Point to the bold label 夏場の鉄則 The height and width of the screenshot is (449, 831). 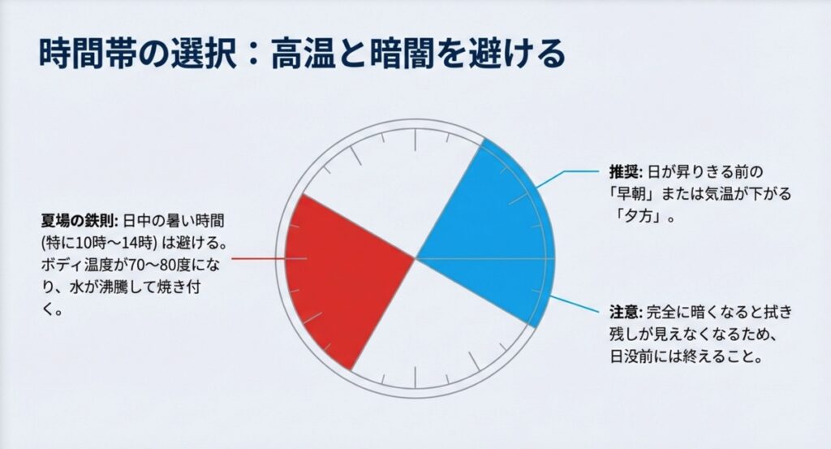[x=79, y=219]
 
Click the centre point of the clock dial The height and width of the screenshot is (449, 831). [x=415, y=259]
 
